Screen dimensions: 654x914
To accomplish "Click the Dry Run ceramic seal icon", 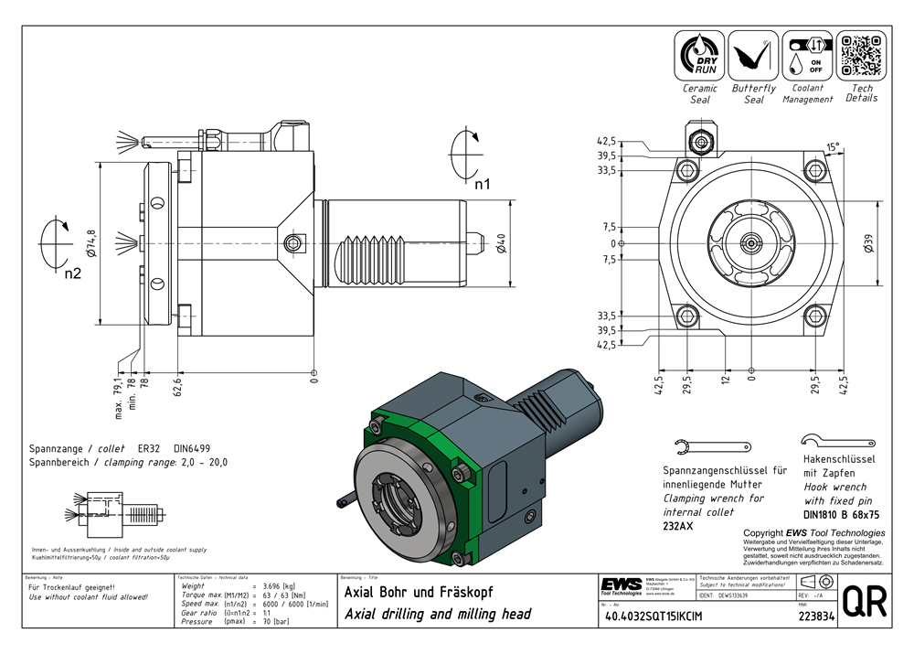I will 699,56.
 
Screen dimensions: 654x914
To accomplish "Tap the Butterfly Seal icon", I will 753,56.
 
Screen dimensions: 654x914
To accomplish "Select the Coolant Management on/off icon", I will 806,56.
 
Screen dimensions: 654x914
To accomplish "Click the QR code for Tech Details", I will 860,56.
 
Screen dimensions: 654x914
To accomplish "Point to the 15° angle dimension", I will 832,146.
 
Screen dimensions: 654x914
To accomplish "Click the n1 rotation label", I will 482,184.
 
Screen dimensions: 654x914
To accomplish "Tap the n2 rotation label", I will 72,273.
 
